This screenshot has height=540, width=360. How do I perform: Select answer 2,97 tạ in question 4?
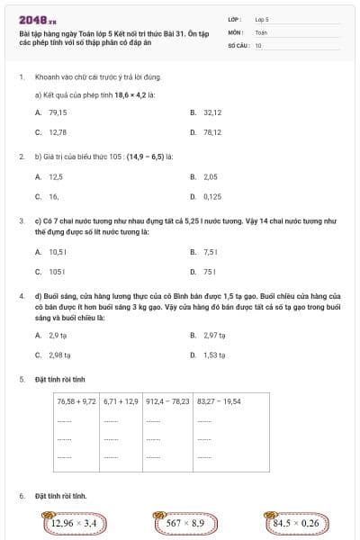(214, 335)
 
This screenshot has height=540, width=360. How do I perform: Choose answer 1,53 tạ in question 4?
(214, 355)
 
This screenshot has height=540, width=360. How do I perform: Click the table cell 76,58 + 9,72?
(76, 400)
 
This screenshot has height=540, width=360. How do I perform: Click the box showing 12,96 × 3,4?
(74, 522)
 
